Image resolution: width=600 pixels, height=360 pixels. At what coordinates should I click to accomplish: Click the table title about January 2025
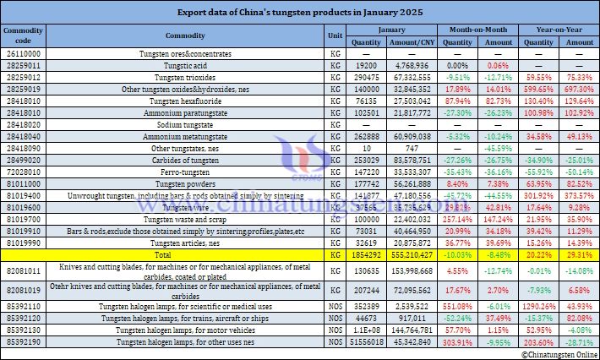tap(300, 13)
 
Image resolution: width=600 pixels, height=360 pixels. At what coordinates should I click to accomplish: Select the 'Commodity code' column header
tap(18, 35)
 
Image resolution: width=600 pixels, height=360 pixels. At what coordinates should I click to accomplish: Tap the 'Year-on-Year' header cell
tap(554, 29)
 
